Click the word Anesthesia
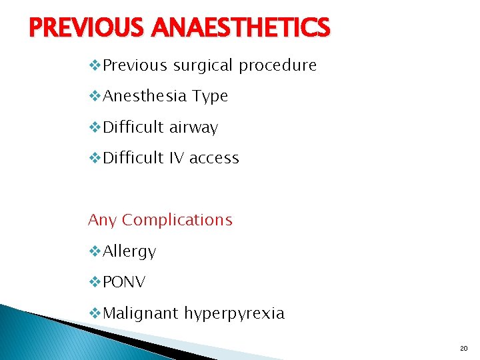(145, 97)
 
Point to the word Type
(210, 97)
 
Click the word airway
(193, 127)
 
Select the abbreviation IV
(175, 158)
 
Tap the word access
(214, 158)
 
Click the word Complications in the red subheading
(177, 220)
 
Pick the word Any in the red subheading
(102, 220)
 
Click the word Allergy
(129, 251)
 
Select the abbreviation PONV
(125, 282)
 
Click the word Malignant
(141, 313)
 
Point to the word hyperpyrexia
(234, 313)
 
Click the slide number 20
(464, 349)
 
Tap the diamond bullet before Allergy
(95, 251)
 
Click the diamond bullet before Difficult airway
(95, 127)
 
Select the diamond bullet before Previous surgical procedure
(95, 66)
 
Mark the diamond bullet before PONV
(95, 282)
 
